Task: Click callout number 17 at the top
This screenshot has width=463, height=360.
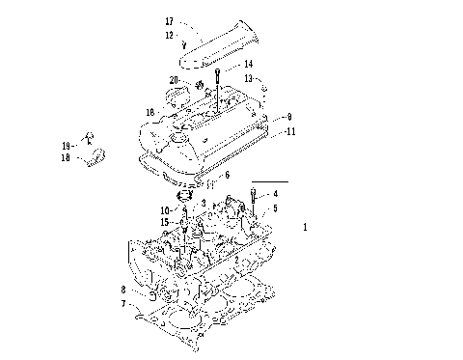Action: click(x=169, y=21)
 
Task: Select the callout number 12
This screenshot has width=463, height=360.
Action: click(x=169, y=35)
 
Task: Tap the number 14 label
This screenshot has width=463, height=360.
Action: click(x=248, y=64)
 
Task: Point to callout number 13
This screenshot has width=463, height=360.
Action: click(x=248, y=77)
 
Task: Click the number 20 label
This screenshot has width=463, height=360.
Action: click(x=174, y=79)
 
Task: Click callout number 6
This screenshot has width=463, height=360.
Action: click(x=227, y=176)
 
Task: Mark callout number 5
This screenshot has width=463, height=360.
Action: click(x=275, y=208)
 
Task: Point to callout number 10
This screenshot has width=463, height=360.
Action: click(x=165, y=209)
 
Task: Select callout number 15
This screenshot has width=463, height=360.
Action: click(x=165, y=222)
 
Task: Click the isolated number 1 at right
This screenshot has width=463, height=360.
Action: click(x=306, y=228)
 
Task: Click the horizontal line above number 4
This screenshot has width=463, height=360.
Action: click(x=269, y=181)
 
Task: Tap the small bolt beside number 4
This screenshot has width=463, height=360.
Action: click(x=253, y=198)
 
